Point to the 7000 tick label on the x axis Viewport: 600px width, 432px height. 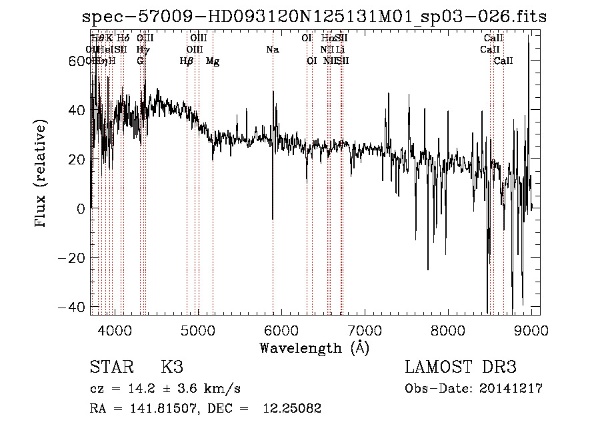tap(364, 330)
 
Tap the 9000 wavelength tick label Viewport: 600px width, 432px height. tap(531, 330)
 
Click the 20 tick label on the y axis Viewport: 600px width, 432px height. tap(77, 159)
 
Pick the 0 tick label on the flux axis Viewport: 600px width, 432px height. tap(81, 208)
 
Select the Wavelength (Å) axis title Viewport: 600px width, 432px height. tap(314, 347)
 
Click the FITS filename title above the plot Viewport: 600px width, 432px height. tap(314, 17)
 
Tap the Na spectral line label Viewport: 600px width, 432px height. tap(272, 50)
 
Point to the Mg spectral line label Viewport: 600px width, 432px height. tap(213, 61)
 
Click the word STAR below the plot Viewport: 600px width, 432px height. tap(111, 367)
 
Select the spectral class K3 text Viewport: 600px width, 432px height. tap(172, 367)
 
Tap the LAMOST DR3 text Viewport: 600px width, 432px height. tap(460, 367)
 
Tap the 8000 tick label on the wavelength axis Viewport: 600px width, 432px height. tap(447, 330)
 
